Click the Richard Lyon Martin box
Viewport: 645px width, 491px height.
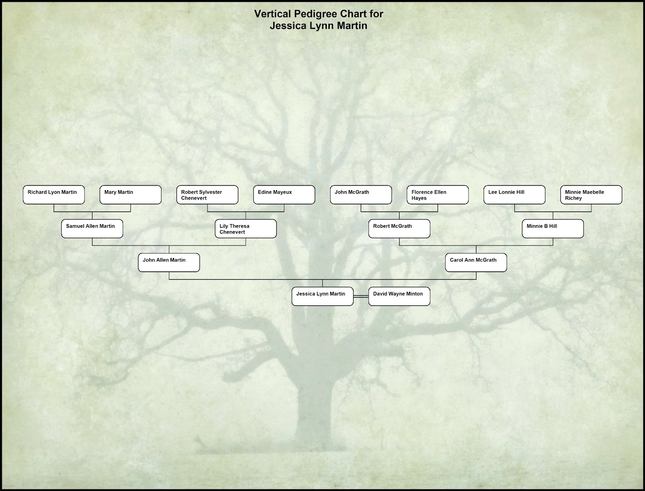(54, 195)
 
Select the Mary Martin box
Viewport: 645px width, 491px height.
(131, 195)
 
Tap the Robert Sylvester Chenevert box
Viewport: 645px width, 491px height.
(208, 195)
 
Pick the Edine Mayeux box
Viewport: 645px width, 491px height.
(284, 195)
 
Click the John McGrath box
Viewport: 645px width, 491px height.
(361, 195)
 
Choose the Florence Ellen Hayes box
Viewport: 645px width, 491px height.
(438, 195)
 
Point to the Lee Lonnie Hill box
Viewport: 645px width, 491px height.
(514, 195)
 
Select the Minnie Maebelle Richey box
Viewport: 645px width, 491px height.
(591, 195)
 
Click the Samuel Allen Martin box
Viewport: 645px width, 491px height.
(92, 229)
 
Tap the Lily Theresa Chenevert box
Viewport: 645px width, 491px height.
(246, 229)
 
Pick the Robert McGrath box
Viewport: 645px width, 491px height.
(399, 229)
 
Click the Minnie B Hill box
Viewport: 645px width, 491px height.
(553, 229)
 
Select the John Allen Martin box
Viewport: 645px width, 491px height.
(169, 262)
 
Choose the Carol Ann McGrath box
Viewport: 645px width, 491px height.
(476, 262)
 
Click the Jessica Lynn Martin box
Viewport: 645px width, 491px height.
(322, 296)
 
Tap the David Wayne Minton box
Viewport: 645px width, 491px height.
(399, 296)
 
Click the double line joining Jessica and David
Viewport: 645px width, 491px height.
(361, 296)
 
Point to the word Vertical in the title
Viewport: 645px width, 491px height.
(273, 14)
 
